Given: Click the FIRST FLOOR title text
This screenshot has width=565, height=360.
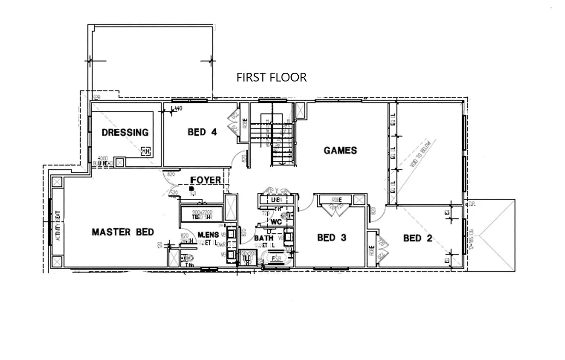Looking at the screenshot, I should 271,77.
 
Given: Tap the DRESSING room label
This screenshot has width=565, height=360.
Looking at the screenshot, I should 125,133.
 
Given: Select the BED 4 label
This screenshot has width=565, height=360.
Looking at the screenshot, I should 202,133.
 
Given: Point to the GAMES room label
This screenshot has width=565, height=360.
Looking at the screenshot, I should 340,151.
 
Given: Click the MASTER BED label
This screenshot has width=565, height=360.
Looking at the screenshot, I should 123,232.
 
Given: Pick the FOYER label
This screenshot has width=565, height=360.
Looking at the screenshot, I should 206,180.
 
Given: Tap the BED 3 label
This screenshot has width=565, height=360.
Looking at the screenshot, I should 332,238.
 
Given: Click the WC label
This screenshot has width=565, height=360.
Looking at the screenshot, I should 276,222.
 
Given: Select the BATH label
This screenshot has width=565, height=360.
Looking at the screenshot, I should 263,238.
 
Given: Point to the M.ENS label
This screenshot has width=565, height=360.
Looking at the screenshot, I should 208,235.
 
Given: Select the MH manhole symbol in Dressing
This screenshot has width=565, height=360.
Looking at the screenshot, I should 146,152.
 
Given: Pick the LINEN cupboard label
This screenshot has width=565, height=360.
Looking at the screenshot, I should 275,199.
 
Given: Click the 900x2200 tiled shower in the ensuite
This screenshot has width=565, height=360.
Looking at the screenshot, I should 202,215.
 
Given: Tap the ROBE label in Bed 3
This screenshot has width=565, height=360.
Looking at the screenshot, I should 337,200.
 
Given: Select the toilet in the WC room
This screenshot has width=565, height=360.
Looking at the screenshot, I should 290,216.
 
